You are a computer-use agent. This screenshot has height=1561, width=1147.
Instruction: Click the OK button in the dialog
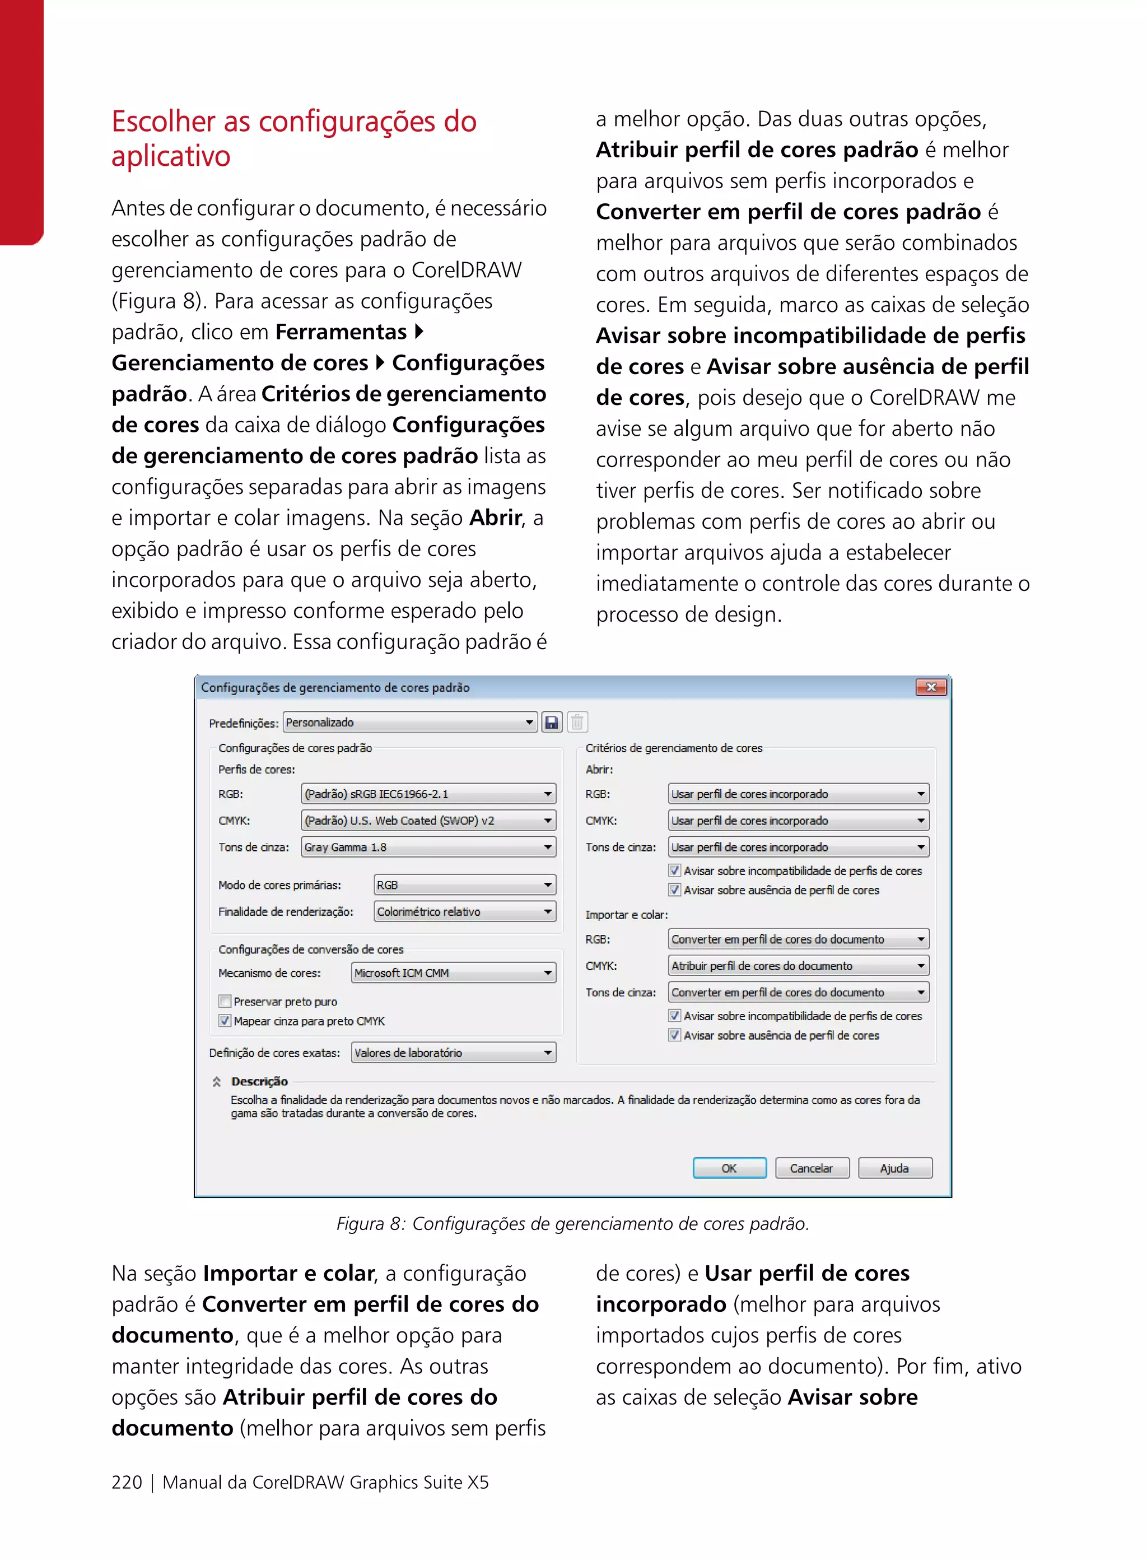(729, 1168)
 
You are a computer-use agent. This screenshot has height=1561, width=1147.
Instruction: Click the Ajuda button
(894, 1168)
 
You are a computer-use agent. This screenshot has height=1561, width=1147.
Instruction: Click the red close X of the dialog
(931, 687)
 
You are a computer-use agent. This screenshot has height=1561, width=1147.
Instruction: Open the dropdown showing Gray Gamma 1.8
(428, 847)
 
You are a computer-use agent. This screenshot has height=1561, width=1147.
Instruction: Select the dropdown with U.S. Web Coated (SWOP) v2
(428, 820)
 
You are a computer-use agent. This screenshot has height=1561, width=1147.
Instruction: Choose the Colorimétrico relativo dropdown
(464, 912)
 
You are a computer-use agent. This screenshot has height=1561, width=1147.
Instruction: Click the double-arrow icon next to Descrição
(217, 1081)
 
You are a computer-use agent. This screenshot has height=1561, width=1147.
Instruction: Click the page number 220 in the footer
(127, 1483)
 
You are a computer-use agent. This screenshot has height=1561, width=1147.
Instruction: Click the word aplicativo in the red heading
(171, 156)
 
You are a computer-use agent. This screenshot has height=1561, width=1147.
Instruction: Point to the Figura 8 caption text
(573, 1223)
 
